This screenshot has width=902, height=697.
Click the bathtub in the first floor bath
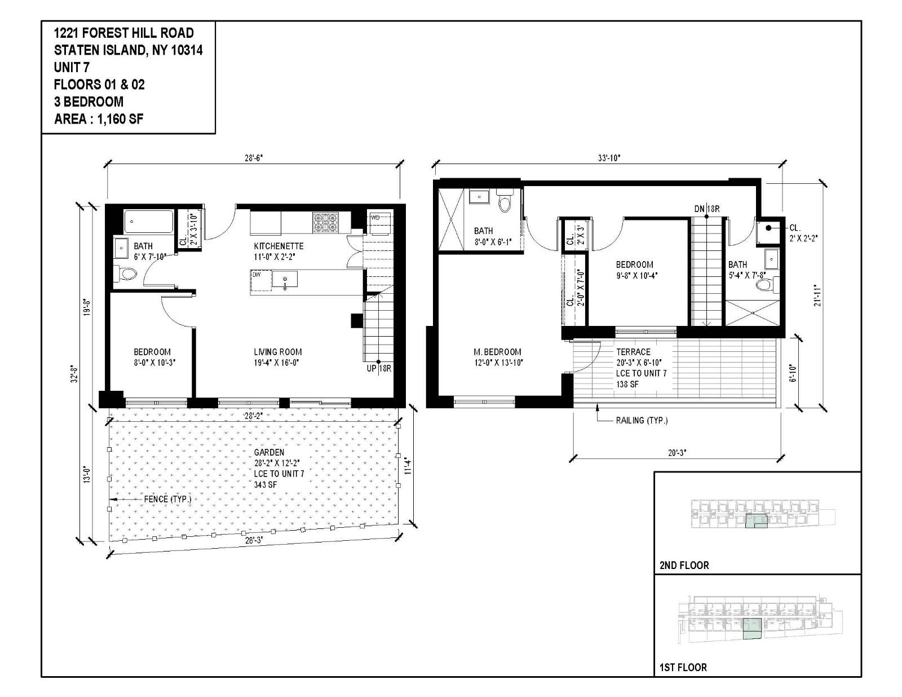148,222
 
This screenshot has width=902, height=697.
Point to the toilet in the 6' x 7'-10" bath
127,275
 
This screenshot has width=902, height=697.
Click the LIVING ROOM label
277,351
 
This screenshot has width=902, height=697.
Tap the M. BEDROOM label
497,351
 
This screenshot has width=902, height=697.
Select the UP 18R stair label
378,369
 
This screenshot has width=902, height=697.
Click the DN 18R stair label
706,209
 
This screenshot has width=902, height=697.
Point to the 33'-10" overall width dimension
608,158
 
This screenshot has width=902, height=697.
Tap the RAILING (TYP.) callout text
642,420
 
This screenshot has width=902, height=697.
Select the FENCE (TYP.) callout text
167,499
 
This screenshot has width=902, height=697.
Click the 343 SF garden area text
265,484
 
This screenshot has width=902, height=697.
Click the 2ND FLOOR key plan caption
684,565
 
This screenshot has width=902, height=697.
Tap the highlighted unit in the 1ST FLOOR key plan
752,628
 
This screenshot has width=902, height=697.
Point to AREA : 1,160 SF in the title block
99,119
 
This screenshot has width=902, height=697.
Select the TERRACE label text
633,351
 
